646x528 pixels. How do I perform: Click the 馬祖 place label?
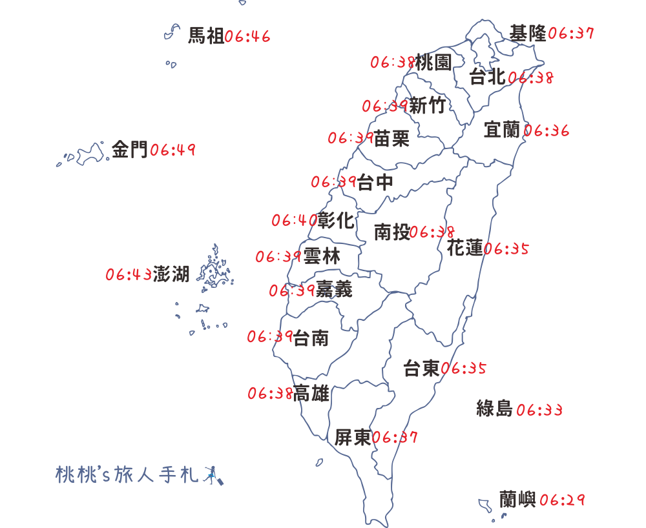[206, 36]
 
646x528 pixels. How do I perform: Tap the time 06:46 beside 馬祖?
[247, 36]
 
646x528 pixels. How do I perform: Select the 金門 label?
[130, 150]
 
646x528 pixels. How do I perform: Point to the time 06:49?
[172, 151]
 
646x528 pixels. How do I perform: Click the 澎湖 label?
[171, 274]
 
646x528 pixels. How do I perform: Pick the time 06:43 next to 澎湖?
[129, 275]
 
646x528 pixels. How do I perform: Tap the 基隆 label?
[528, 33]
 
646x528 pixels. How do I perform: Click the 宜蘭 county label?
[502, 130]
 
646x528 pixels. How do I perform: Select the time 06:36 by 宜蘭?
[547, 131]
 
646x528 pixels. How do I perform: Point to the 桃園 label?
[433, 63]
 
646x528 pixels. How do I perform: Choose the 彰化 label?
[336, 221]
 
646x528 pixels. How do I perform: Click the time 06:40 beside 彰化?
[294, 221]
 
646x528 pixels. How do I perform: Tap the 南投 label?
[391, 232]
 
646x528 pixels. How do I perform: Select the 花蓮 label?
[464, 247]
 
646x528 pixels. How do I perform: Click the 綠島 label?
[494, 409]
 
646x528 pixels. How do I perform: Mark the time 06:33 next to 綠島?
[539, 410]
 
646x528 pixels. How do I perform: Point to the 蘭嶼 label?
[517, 499]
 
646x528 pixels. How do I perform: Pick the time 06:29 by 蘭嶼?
[562, 500]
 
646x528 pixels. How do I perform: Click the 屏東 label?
[353, 438]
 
